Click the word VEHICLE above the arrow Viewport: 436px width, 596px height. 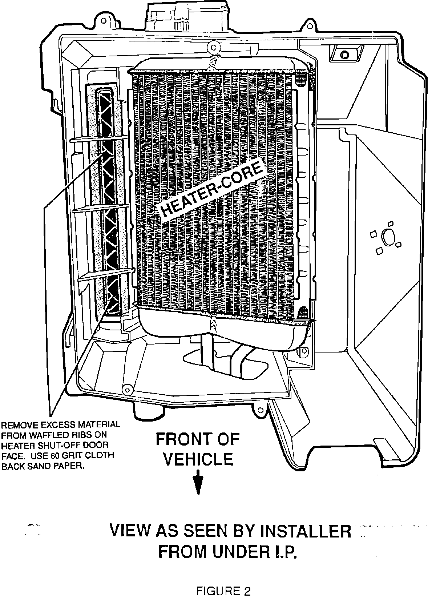(x=198, y=459)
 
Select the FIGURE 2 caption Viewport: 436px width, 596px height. (x=223, y=581)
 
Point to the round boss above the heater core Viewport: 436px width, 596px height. (x=213, y=46)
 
